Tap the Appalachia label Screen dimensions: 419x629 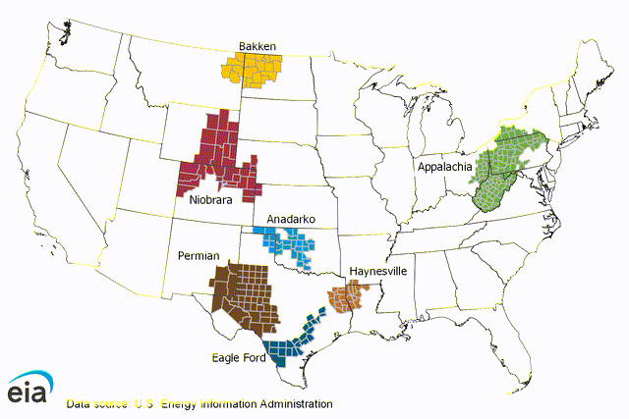tap(444, 166)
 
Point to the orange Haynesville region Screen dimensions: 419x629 tap(348, 296)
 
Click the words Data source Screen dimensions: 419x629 tap(95, 403)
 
